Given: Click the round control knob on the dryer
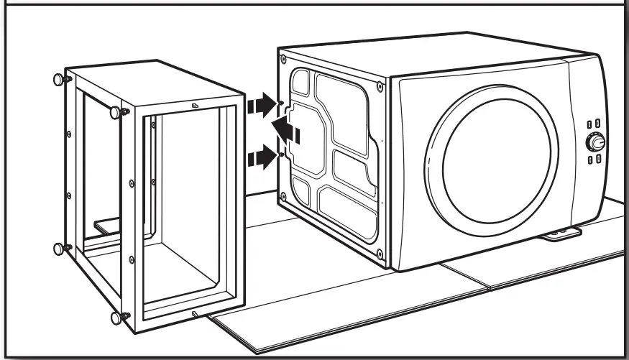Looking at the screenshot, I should click(x=595, y=144).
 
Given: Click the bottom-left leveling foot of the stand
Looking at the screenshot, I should click(x=59, y=249).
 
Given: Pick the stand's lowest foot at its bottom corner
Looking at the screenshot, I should click(x=117, y=315).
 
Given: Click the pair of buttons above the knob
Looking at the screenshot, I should click(x=594, y=124).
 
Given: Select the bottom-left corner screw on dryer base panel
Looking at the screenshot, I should click(x=285, y=196).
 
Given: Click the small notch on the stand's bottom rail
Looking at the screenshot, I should click(x=194, y=313).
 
